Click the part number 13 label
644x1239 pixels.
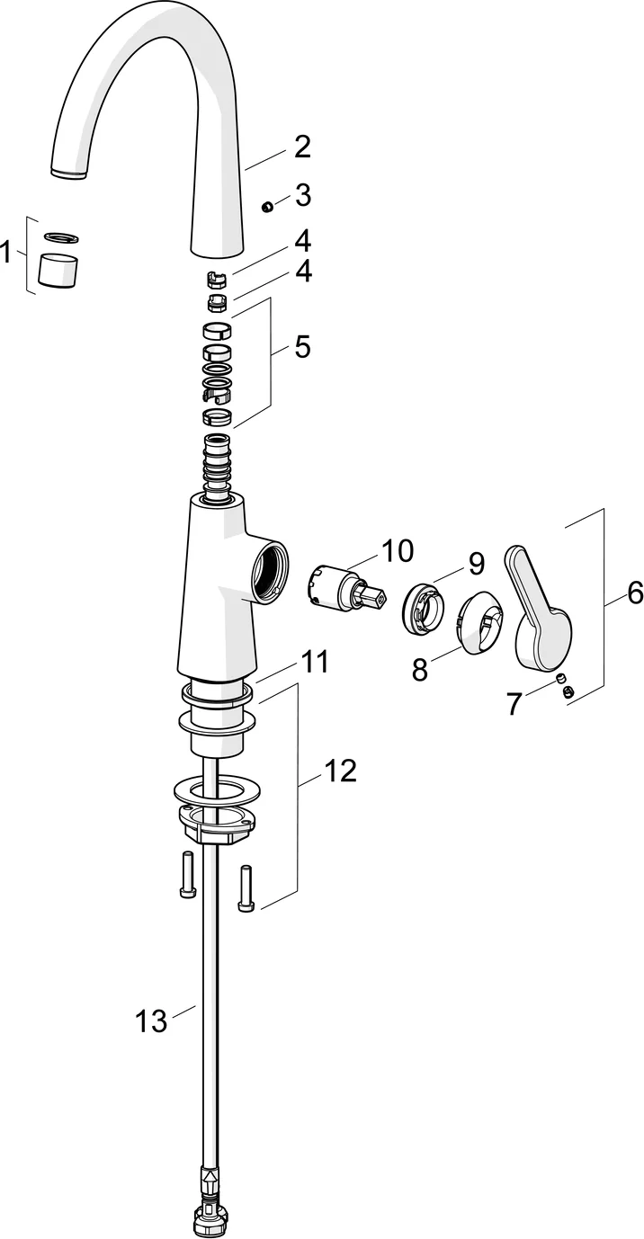pos(151,1021)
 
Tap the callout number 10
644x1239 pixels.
pos(396,549)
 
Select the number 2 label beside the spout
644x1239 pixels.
pos(301,147)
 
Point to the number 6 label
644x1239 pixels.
pos(635,593)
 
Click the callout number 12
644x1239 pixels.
pos(340,770)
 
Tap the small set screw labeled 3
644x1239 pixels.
pos(266,207)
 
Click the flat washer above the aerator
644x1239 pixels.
pos(61,237)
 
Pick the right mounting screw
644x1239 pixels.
pos(246,888)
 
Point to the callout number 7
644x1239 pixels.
pos(514,703)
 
